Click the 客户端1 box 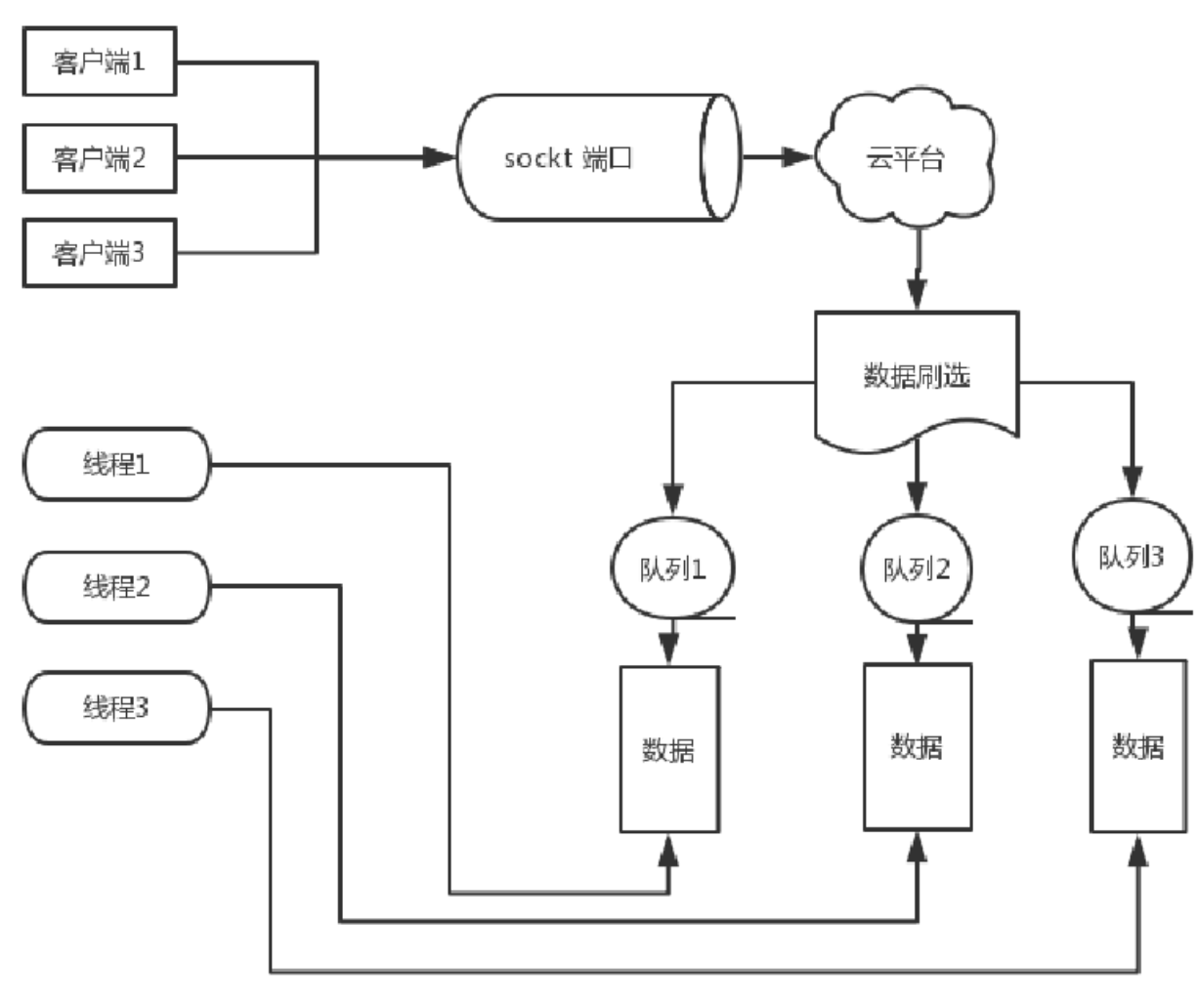click(x=99, y=63)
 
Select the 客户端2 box click(x=99, y=157)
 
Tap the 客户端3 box click(x=99, y=253)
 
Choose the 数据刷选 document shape click(x=917, y=377)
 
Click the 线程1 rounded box click(x=116, y=464)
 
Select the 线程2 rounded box click(x=116, y=587)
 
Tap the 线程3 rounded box click(x=116, y=708)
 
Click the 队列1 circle click(x=672, y=568)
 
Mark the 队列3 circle click(x=1132, y=557)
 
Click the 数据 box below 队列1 click(x=669, y=749)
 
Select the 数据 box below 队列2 click(x=917, y=746)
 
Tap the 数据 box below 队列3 click(x=1138, y=746)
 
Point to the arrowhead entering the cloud click(x=798, y=157)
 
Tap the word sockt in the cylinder click(x=537, y=158)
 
